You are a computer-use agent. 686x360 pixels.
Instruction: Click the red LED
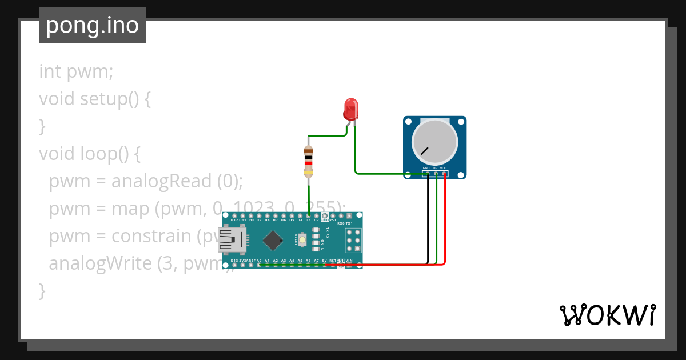pos(350,108)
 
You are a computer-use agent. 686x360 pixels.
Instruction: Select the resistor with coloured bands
pos(309,162)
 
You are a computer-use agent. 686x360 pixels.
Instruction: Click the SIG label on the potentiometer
pos(435,168)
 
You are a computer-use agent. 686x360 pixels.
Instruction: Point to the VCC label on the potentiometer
pos(443,168)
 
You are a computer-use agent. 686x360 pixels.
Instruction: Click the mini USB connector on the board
pos(232,240)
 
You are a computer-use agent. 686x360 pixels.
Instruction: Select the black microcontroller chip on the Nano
pos(273,240)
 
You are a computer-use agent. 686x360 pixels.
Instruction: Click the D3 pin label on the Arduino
pos(308,220)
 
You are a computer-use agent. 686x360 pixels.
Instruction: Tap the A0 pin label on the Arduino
pos(259,261)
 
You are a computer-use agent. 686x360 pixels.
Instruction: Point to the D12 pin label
pos(234,220)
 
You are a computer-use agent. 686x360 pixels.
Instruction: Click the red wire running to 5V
pos(400,265)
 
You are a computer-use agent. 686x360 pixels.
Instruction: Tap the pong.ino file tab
pos(93,25)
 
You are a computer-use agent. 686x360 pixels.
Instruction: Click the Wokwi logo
pos(607,315)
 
